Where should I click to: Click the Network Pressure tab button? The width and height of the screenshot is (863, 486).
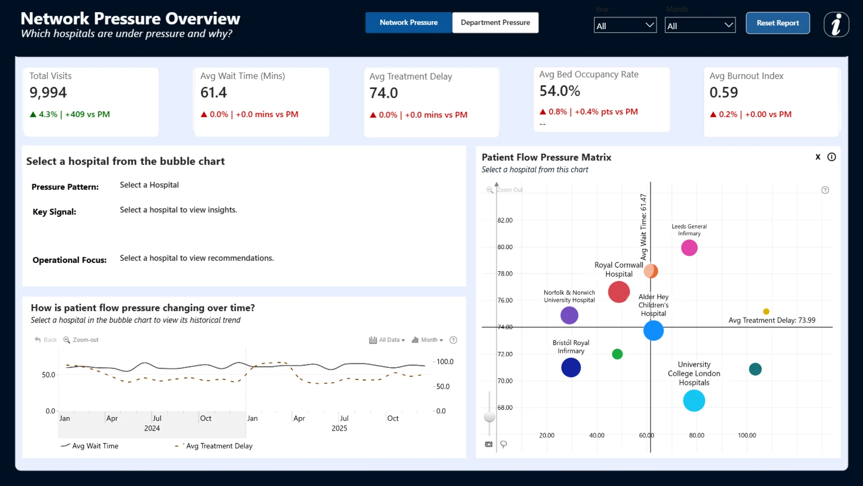click(x=409, y=22)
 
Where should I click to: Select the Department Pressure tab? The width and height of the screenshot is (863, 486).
click(x=495, y=22)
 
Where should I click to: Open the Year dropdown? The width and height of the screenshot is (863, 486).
click(x=625, y=26)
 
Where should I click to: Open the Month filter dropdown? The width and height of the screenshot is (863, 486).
click(x=700, y=26)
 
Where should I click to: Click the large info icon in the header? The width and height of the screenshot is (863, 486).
click(x=836, y=24)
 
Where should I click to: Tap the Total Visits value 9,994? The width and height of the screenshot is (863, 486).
click(x=48, y=93)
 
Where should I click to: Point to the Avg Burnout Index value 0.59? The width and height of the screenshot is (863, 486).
click(x=724, y=93)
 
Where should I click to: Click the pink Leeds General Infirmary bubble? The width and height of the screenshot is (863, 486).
click(x=689, y=248)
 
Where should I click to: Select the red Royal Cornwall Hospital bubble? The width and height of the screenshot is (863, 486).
click(x=619, y=292)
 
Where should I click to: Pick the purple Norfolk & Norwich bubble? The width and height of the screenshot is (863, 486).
click(x=569, y=315)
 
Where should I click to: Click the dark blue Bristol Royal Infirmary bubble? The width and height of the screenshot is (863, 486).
click(x=571, y=368)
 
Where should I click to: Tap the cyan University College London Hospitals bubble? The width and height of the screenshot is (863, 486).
click(x=694, y=400)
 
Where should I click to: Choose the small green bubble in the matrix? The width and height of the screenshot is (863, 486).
click(x=617, y=354)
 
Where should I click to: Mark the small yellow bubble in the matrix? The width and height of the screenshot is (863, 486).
click(x=766, y=311)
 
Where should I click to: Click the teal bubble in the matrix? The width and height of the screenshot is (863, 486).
click(x=755, y=369)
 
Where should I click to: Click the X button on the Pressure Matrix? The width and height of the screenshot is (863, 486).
click(x=818, y=157)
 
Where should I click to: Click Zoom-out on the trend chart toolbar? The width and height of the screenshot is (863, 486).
click(x=81, y=340)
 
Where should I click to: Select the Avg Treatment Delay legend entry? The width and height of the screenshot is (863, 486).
click(x=214, y=446)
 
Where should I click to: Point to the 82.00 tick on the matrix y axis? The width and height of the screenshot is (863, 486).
click(x=505, y=220)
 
